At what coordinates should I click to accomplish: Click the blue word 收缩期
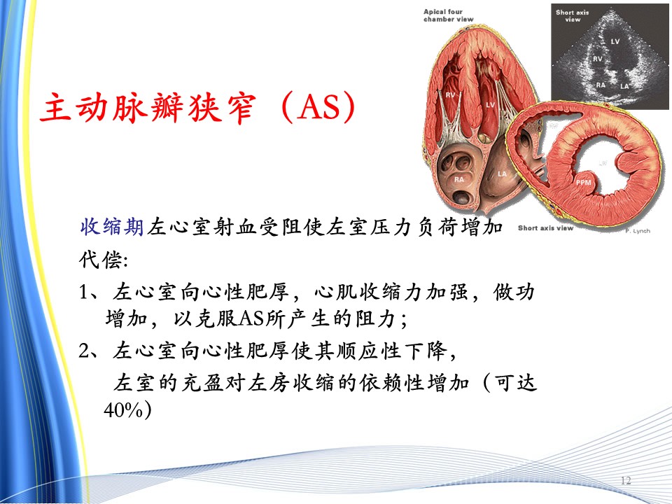click(x=112, y=226)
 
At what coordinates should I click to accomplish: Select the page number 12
click(x=626, y=480)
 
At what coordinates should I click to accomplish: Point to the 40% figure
click(x=123, y=409)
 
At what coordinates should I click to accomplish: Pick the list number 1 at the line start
click(x=83, y=293)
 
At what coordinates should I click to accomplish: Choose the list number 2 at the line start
click(x=84, y=351)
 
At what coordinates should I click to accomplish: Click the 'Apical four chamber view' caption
click(x=448, y=15)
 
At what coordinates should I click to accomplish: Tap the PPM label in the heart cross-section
click(x=583, y=183)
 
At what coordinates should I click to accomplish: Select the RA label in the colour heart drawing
click(x=459, y=180)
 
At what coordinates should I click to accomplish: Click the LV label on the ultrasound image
click(x=615, y=41)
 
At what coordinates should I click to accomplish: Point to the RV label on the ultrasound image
click(x=597, y=59)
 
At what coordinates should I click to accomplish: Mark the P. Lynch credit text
click(x=637, y=231)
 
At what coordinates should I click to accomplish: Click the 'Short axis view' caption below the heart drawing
click(x=545, y=228)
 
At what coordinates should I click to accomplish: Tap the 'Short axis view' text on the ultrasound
click(x=573, y=16)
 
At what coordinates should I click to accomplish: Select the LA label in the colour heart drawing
click(x=502, y=174)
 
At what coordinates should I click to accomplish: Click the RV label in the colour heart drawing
click(x=450, y=94)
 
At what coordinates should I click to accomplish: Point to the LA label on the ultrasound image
click(x=625, y=86)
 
